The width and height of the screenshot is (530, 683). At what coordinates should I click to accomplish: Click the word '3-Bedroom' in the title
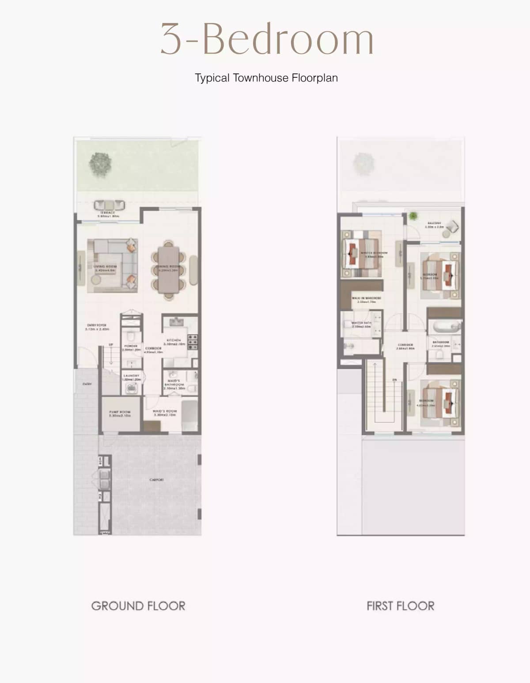point(267,39)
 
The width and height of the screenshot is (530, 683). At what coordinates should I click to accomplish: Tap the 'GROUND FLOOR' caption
point(138,606)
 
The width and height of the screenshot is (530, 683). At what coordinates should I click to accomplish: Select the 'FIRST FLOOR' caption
point(400,606)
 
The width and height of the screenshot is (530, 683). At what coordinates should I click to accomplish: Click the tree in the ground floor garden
point(100,163)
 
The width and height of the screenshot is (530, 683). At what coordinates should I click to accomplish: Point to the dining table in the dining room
point(169,270)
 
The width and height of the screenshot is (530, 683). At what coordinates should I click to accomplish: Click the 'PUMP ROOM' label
point(120,413)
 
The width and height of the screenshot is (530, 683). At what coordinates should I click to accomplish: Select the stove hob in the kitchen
point(193,342)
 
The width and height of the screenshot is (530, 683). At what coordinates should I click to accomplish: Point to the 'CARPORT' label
point(157,480)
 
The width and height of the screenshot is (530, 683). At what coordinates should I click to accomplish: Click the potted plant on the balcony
point(413,216)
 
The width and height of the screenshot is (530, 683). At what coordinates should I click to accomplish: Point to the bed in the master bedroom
point(361,254)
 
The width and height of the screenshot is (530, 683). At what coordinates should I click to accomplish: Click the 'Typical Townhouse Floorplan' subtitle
point(266,78)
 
